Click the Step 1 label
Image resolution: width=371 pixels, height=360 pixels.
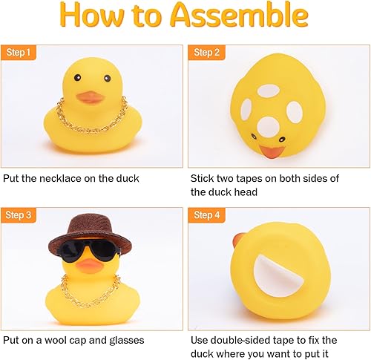(x=19, y=52)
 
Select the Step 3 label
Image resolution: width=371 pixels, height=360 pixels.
(x=19, y=215)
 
